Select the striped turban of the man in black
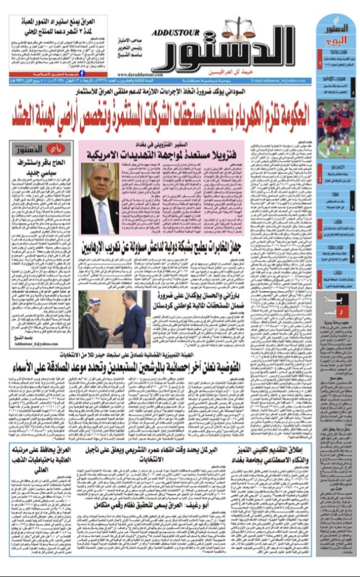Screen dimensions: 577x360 click(94, 302)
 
